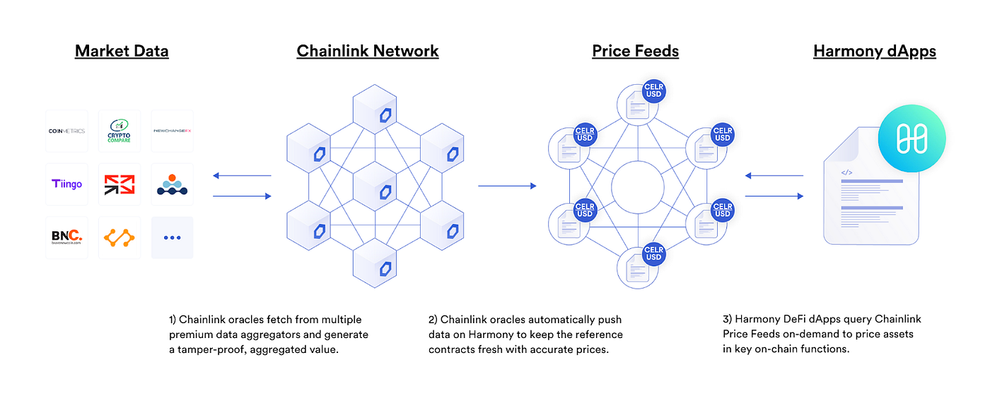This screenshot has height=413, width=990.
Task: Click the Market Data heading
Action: pyautogui.click(x=122, y=51)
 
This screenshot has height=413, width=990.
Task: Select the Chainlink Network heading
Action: pyautogui.click(x=368, y=51)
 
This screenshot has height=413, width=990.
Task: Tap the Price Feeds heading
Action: pyautogui.click(x=635, y=51)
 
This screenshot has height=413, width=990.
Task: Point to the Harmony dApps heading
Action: pyautogui.click(x=875, y=51)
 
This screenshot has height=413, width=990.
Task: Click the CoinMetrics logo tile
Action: pyautogui.click(x=66, y=131)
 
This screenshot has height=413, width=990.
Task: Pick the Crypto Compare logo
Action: pyautogui.click(x=120, y=131)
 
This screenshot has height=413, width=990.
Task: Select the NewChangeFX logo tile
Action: pyautogui.click(x=172, y=131)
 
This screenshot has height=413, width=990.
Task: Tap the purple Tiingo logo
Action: pyautogui.click(x=66, y=185)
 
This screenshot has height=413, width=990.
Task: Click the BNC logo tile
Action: pyautogui.click(x=66, y=237)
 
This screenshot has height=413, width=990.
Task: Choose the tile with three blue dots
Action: pyautogui.click(x=172, y=238)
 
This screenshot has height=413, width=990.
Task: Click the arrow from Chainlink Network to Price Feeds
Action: pyautogui.click(x=506, y=186)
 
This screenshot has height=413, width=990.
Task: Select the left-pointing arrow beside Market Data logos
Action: pyautogui.click(x=242, y=175)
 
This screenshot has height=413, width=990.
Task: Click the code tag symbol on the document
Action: pyautogui.click(x=846, y=172)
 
